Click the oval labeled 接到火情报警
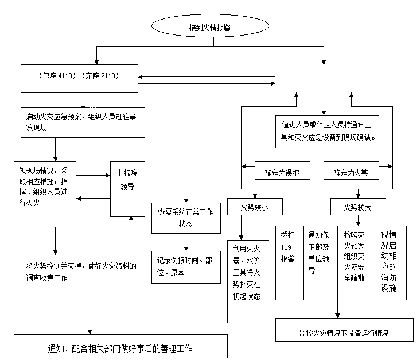tap(210, 26)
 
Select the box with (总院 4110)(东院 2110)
tap(79, 79)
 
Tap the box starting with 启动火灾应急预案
tap(83, 122)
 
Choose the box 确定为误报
tap(282, 171)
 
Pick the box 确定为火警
tap(351, 171)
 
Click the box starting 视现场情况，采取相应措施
tap(45, 193)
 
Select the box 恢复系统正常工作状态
tap(185, 218)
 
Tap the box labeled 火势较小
tap(253, 207)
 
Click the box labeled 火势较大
tap(357, 207)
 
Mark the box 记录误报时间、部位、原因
tap(185, 266)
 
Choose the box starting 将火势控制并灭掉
tap(82, 272)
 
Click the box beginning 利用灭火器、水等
tap(247, 281)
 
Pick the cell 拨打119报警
tap(289, 262)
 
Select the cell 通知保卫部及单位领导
tap(320, 262)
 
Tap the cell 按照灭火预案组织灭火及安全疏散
tap(354, 262)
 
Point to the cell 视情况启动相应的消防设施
tap(389, 262)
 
